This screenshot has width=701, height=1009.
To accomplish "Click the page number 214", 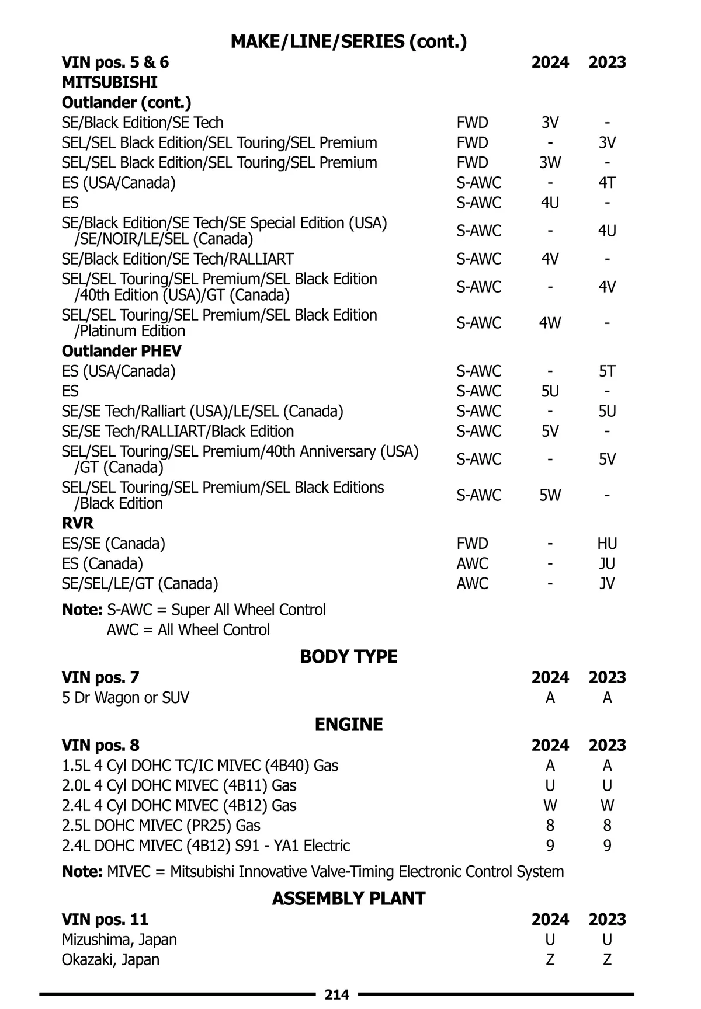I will coord(336,994).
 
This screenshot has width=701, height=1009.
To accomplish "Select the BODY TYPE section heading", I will coord(349,657).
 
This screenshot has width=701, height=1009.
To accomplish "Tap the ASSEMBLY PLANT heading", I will coord(349,899).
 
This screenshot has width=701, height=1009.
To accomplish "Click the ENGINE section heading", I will coord(349,725).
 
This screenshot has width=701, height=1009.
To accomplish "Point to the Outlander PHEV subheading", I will coord(122,351).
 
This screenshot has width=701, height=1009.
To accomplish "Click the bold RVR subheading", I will coord(78,523).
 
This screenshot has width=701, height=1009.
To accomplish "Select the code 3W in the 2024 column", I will coord(550,163).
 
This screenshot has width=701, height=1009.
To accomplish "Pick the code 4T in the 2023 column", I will coord(607,183).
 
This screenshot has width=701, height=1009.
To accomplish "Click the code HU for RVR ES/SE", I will coord(607,544).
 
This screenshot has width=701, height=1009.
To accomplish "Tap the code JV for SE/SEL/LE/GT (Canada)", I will coord(607,583).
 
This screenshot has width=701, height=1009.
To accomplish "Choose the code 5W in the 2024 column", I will coord(550,495).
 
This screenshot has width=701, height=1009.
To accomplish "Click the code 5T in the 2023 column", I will coord(607,371).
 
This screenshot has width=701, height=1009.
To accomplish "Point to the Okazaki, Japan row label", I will coord(110,959).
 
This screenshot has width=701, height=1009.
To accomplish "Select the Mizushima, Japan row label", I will coord(119,940).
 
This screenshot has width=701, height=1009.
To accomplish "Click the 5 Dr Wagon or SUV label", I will coord(126,698).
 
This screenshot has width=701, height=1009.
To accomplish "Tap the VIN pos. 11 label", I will coord(105,920).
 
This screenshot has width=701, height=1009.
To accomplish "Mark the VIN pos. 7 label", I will coord(100,677).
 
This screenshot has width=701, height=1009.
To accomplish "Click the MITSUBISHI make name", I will coord(110,82).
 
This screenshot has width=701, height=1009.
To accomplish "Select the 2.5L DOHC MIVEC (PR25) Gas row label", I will coord(161,826).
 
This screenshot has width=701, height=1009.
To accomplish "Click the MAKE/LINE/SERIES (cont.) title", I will coord(349,41).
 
